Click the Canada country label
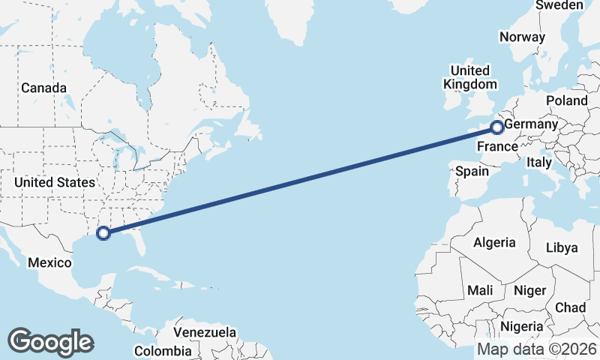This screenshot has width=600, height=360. (x=43, y=88)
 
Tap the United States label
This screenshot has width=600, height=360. (x=55, y=182)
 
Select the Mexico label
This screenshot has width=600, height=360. (x=49, y=262)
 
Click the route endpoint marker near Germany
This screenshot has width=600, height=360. (x=496, y=127)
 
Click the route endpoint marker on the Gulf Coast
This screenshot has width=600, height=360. (x=103, y=233)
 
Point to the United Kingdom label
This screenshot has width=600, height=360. (x=470, y=77)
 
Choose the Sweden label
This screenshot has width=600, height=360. (x=559, y=5)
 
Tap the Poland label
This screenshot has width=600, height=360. (x=567, y=100)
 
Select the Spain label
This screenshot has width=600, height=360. (x=472, y=171)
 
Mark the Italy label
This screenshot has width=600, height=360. (x=539, y=162)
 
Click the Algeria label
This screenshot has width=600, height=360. (x=494, y=242)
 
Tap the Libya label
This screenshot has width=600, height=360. (x=562, y=247)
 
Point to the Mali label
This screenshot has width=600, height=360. (x=480, y=289)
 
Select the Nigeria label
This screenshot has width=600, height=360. (x=521, y=326)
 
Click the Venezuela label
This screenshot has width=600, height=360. (x=205, y=332)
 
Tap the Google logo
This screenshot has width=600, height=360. (x=50, y=342)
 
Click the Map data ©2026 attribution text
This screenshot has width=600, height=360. (x=536, y=349)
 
